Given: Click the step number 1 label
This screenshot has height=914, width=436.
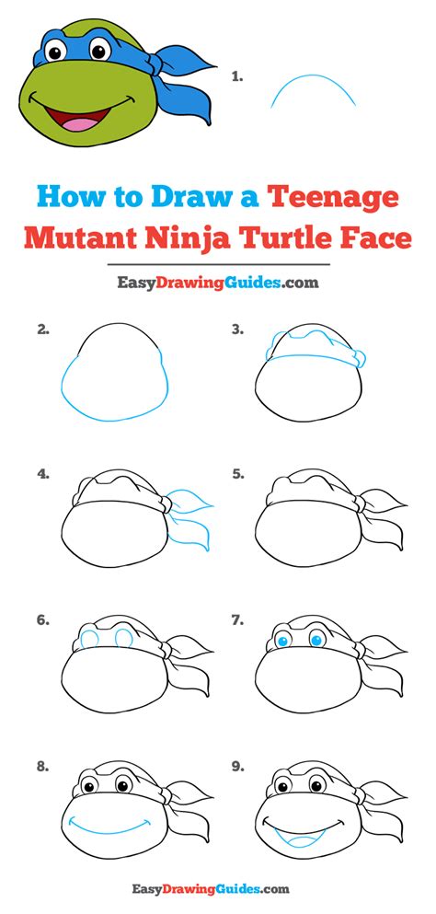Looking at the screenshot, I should tap(236, 77).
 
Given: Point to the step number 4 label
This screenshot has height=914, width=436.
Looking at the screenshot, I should tap(42, 475).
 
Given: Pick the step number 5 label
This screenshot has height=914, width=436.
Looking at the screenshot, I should tap(237, 475).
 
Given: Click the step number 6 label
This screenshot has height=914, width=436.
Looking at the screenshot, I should tap(42, 620).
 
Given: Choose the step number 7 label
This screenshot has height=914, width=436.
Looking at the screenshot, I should tap(237, 620).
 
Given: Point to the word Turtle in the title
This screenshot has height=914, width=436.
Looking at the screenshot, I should tap(290, 237).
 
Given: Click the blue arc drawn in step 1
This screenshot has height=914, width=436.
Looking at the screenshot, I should tap(313, 87).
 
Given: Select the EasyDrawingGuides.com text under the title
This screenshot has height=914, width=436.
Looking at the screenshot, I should tap(218, 283).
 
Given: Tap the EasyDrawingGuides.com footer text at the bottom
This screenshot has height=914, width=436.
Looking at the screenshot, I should tap(218, 889).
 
